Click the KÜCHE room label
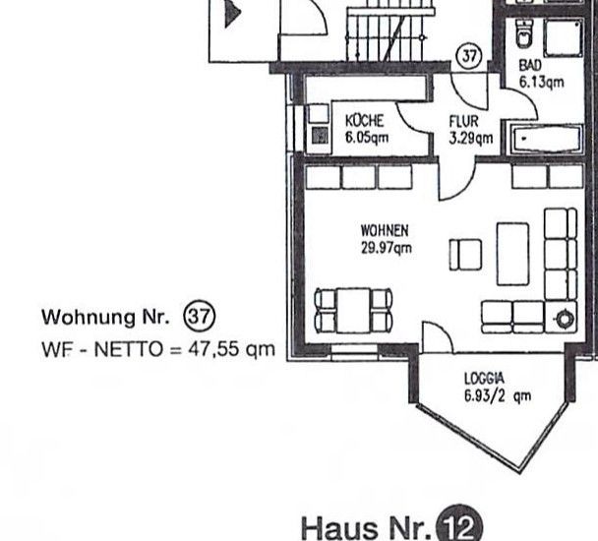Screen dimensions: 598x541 coord(364,121)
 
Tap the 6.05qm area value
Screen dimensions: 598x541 coord(367,137)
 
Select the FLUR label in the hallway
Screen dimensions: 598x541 coord(463,121)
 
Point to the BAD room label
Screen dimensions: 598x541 coord(530,65)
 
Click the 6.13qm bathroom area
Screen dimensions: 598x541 coord(541,82)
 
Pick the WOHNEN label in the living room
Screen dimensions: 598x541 coord(385,231)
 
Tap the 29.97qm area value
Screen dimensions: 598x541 coord(387,248)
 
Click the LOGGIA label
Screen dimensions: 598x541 coord(484,379)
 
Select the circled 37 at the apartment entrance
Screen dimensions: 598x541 coord(469,57)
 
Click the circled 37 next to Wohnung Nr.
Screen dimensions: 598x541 coord(200,317)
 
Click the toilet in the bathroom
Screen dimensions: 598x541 coord(523,33)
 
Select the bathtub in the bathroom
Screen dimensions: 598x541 coord(546,138)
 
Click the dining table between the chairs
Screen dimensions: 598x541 coord(353,311)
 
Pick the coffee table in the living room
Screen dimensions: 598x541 coord(513,254)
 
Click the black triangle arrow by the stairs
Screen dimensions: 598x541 coord(233,14)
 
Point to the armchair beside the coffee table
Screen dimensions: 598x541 coord(465,255)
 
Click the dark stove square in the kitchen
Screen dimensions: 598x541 coord(320,136)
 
